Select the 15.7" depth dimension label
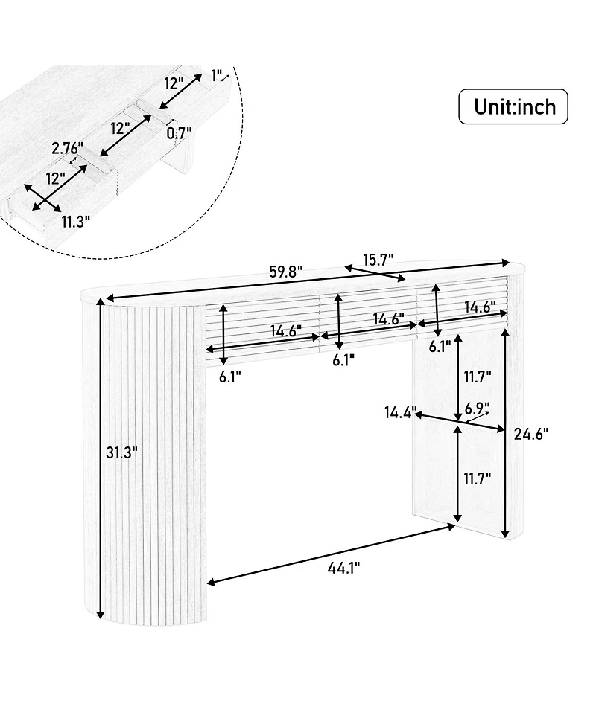point(378,258)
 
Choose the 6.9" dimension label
point(477,408)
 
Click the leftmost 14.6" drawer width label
point(286,332)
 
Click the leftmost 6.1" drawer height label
point(231,377)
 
